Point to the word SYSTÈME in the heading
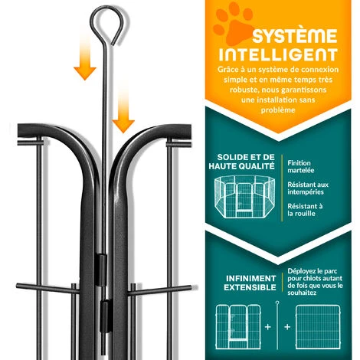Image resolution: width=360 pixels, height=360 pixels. click(x=295, y=36)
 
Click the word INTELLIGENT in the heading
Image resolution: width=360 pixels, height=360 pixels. click(x=278, y=54)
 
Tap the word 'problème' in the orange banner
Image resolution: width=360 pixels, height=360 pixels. click(x=278, y=110)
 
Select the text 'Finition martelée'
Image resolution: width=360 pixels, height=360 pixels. click(x=300, y=166)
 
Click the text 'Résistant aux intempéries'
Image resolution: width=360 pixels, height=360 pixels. click(x=308, y=188)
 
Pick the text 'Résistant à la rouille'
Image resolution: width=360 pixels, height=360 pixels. click(x=305, y=210)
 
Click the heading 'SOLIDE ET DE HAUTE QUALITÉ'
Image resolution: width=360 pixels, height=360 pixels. click(x=242, y=162)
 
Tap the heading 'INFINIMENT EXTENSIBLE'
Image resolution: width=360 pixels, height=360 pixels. click(x=250, y=283)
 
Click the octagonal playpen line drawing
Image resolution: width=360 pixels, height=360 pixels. click(x=244, y=197)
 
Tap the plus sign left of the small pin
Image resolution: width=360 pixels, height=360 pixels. click(x=267, y=327)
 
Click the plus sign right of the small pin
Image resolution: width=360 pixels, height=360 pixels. click(x=287, y=327)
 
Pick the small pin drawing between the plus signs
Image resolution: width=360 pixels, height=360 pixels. click(x=277, y=326)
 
